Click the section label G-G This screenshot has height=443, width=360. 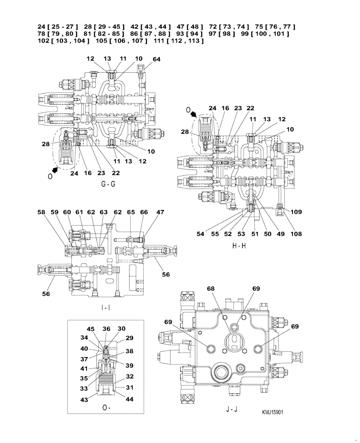[x=108, y=184]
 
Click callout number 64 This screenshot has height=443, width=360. [x=156, y=58]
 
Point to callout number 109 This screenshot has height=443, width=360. [x=297, y=212]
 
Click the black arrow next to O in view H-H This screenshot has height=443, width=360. [x=195, y=114]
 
